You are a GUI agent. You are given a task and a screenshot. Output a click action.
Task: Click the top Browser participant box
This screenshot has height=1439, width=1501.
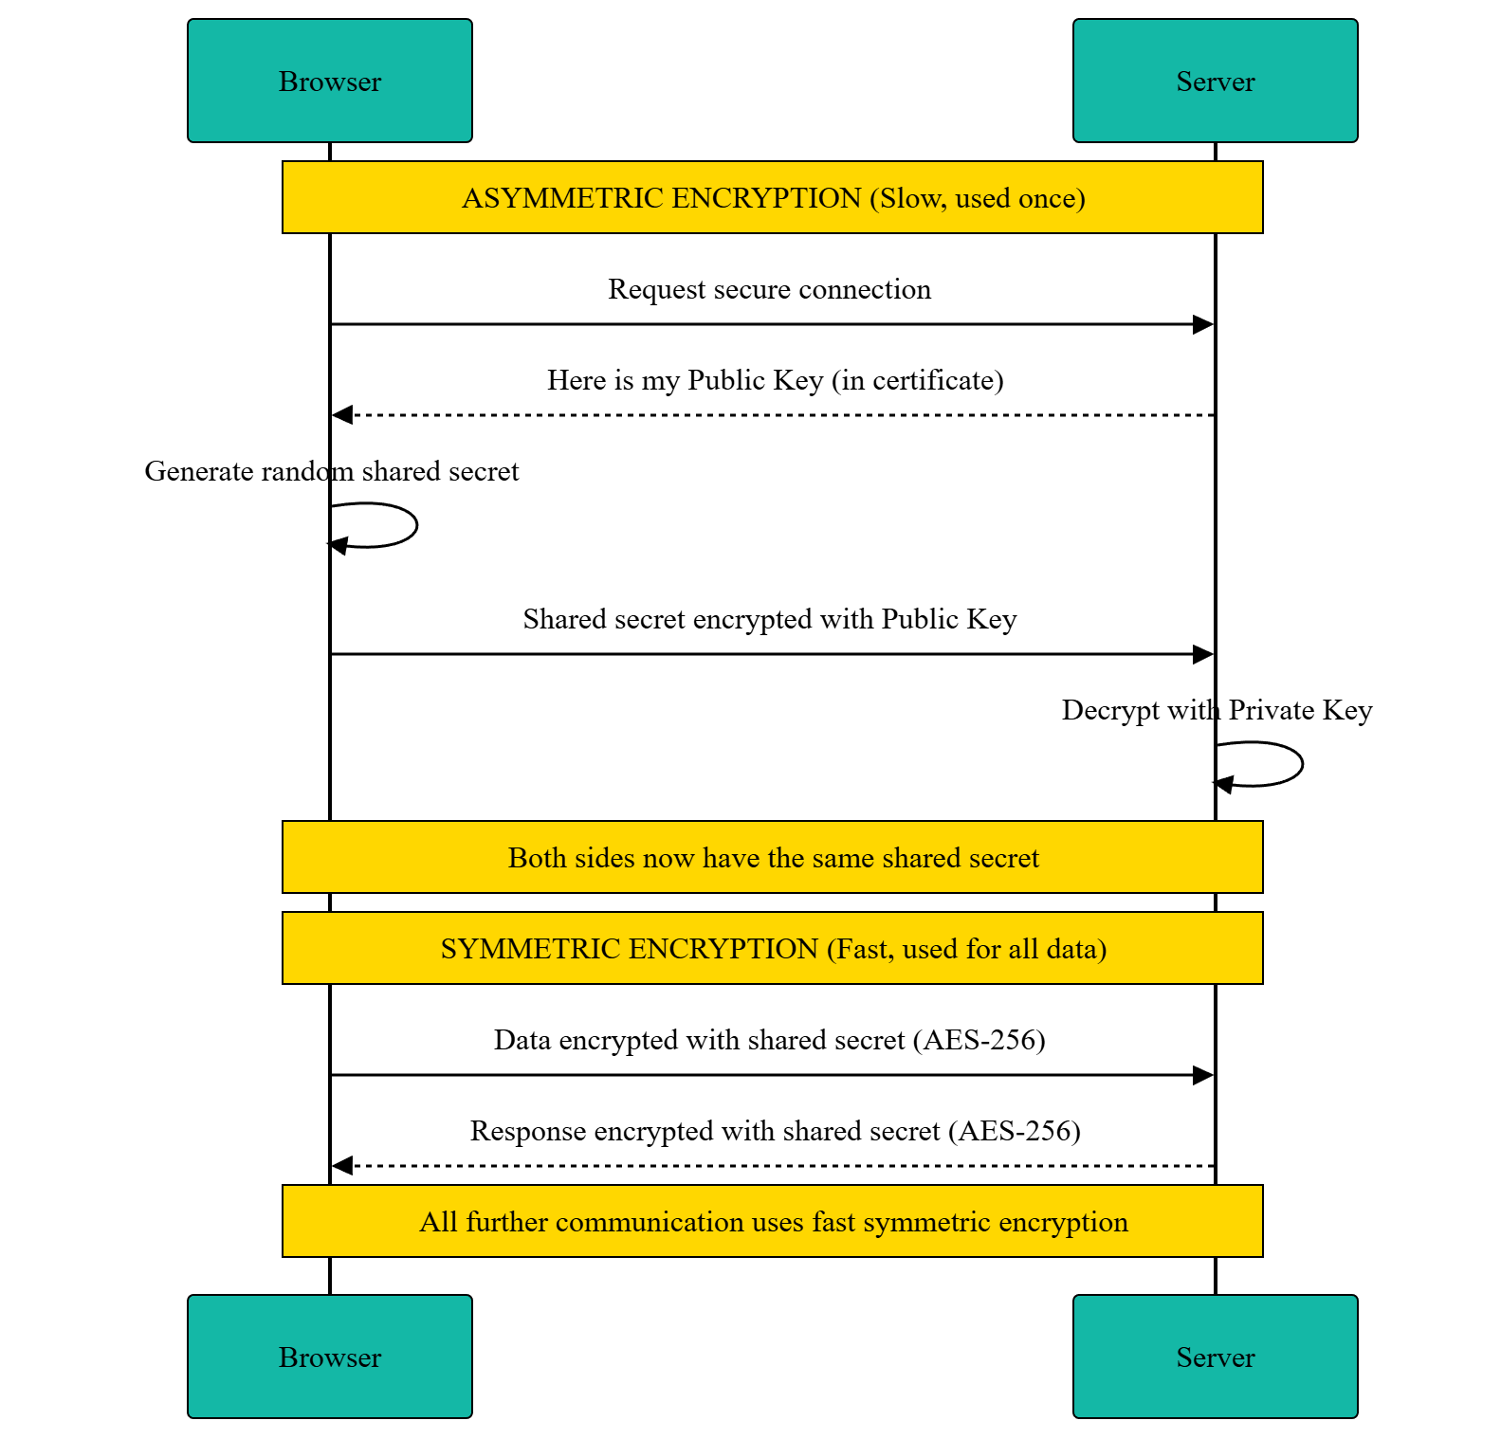tap(329, 81)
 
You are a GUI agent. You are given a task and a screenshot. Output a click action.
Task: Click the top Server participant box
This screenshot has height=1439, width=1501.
tap(1215, 81)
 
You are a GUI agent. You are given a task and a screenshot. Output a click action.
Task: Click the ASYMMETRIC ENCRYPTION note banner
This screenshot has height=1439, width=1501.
tap(772, 197)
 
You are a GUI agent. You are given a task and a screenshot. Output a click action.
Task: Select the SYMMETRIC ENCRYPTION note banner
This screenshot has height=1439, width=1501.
tap(772, 948)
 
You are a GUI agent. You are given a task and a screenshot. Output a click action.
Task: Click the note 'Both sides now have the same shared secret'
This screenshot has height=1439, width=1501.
tap(772, 857)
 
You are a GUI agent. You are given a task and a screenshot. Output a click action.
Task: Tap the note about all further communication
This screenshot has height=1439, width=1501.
tap(772, 1221)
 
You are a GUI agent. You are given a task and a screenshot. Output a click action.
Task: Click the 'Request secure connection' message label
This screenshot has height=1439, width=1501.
tap(769, 289)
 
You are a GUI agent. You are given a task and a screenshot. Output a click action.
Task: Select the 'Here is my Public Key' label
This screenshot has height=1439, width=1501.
tap(775, 380)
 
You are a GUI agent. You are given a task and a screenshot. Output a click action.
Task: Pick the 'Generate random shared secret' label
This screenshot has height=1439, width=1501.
tap(331, 471)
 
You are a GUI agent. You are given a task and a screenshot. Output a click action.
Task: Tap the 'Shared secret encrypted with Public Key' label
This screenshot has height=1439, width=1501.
tap(769, 619)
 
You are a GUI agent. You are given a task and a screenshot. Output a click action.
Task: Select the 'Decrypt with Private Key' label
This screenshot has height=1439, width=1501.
tap(1217, 710)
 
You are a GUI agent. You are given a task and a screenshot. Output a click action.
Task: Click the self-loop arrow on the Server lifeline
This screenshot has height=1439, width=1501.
tap(1301, 764)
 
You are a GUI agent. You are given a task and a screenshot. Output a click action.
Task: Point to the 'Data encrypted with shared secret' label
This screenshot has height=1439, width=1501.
tap(769, 1040)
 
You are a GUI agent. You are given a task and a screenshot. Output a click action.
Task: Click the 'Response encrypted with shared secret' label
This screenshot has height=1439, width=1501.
tap(775, 1131)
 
